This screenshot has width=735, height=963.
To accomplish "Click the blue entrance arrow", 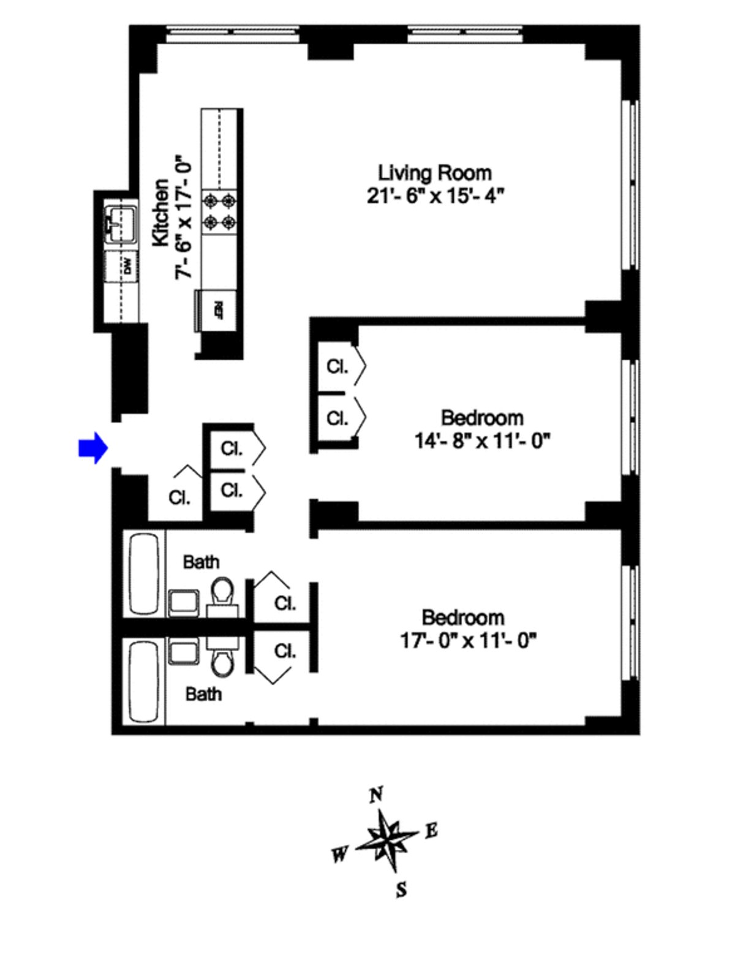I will click(x=92, y=448).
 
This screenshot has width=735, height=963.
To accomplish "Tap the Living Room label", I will click(x=434, y=173).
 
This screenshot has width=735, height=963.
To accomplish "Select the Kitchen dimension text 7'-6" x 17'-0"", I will click(x=184, y=219).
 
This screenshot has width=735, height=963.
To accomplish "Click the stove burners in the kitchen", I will click(x=221, y=210).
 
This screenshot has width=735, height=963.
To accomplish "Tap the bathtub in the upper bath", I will click(x=145, y=574).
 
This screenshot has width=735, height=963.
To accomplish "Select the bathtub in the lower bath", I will click(x=145, y=681).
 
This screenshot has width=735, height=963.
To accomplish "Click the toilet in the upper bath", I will click(x=222, y=592).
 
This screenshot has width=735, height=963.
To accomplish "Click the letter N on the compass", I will click(x=377, y=795).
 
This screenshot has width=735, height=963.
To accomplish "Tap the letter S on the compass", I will click(x=401, y=889).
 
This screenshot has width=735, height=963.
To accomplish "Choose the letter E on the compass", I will click(x=431, y=831).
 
